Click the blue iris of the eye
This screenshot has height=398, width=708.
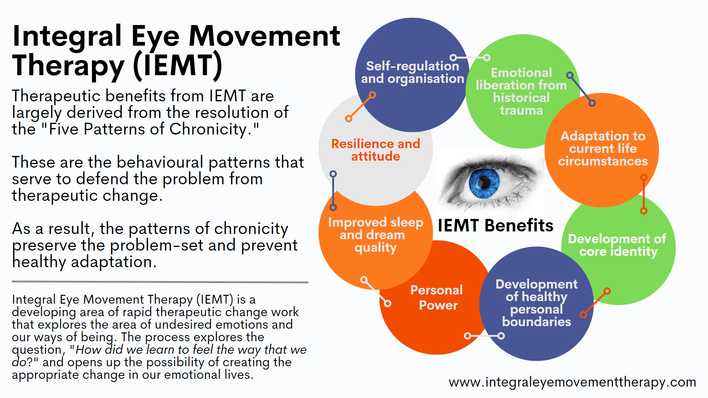pos(484,182)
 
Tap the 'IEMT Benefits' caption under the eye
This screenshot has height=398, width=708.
pos(495,225)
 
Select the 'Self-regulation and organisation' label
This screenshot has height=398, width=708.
pos(413,72)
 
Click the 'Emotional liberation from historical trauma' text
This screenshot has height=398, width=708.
pos(521,91)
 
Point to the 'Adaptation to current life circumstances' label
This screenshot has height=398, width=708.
pos(603,149)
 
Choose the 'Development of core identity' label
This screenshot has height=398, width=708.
pos(617,245)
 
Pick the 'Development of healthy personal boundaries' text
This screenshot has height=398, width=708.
pos(537,303)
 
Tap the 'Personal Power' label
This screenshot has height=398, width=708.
pos(437,297)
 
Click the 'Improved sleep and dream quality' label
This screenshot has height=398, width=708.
pos(375,235)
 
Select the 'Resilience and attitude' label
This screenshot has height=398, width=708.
pos(376,150)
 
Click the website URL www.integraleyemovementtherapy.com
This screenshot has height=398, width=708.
pos(572,382)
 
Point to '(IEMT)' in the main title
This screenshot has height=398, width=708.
pos(178,66)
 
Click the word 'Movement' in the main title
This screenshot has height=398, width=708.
pos(264,36)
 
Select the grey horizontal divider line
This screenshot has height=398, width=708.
pos(160,282)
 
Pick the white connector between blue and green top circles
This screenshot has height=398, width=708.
pos(470,57)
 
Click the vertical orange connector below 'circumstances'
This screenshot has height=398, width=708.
pos(644,194)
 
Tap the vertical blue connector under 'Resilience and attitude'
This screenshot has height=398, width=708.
pos(333,191)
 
